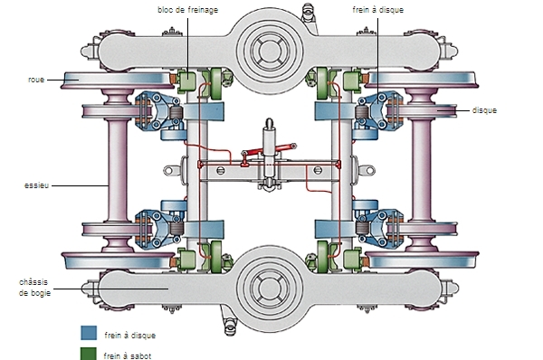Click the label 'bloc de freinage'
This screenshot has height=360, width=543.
click(x=188, y=10)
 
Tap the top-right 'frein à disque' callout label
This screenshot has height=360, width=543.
click(x=377, y=10)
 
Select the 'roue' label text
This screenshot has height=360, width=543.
click(x=36, y=80)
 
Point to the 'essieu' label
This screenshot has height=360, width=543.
click(x=36, y=185)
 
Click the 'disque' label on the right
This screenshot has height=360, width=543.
click(x=484, y=110)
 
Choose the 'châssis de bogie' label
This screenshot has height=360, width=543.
click(x=34, y=288)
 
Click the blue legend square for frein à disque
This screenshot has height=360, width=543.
click(x=89, y=333)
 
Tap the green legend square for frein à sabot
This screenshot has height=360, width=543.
click(x=89, y=354)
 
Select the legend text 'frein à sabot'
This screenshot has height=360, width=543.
click(x=128, y=355)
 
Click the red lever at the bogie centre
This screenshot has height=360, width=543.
click(x=270, y=149)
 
